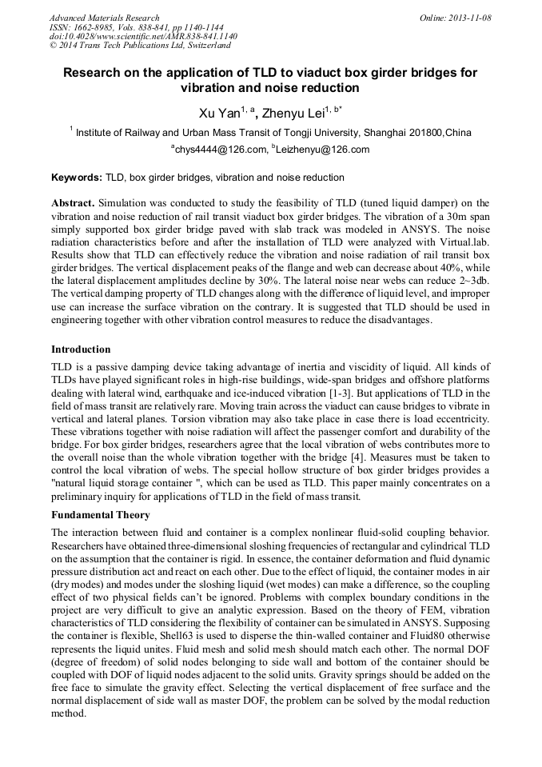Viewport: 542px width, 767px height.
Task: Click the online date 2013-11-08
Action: pyautogui.click(x=472, y=18)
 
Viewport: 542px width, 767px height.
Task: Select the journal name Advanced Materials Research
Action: pyautogui.click(x=104, y=18)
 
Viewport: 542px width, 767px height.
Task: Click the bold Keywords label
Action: pyautogui.click(x=77, y=178)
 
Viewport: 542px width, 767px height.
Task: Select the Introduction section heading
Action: pyautogui.click(x=81, y=350)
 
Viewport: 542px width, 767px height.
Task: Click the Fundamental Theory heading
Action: pyautogui.click(x=100, y=515)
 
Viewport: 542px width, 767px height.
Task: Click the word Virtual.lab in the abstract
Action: pyautogui.click(x=459, y=242)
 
